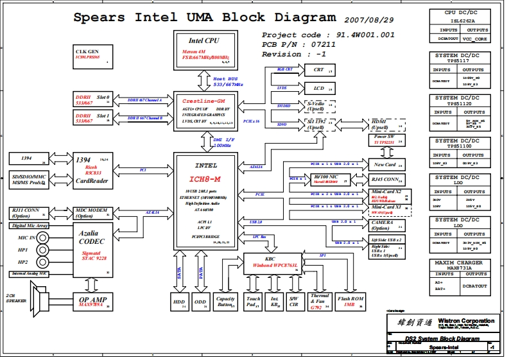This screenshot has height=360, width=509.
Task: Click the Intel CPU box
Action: click(203, 48)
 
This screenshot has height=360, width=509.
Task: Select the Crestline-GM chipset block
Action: click(203, 110)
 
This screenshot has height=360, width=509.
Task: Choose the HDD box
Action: click(179, 302)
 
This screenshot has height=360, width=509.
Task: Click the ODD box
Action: click(201, 302)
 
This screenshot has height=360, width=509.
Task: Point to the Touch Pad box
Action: click(254, 302)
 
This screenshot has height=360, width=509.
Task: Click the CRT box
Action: click(319, 70)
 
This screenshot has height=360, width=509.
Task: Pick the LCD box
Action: click(319, 88)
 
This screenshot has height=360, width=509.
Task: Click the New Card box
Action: click(386, 165)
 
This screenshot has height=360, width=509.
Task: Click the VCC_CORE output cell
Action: click(476, 39)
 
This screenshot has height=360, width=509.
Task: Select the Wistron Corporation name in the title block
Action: click(465, 320)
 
